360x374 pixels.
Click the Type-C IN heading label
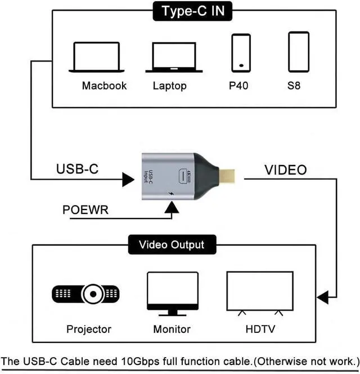[192, 11]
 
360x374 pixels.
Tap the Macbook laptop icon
[97, 57]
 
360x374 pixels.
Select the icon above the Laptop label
[174, 57]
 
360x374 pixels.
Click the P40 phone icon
[241, 53]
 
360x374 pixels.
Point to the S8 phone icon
[299, 52]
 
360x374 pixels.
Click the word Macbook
[104, 86]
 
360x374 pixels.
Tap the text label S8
[294, 86]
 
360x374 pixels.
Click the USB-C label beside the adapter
[77, 169]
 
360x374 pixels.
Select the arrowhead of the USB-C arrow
[128, 180]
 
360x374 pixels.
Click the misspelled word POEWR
[85, 210]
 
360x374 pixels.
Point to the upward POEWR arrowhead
[172, 207]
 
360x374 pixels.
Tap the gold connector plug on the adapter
[227, 176]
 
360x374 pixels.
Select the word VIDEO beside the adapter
[285, 170]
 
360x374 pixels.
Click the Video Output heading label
[172, 244]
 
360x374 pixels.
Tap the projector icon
[85, 294]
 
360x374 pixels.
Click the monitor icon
[173, 294]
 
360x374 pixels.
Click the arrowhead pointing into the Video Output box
[323, 297]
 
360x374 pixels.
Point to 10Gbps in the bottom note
[140, 362]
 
